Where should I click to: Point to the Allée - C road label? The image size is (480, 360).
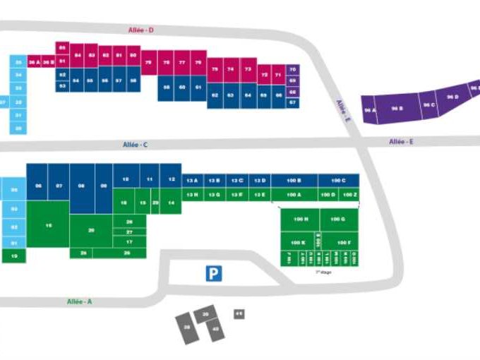(x=135, y=145)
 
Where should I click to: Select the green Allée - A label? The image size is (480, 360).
(x=79, y=301)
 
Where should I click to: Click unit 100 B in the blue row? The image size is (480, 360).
(x=294, y=181)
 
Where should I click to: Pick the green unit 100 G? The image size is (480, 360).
(x=338, y=220)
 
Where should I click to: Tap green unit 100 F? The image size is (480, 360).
(x=344, y=243)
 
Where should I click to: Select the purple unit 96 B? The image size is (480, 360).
(x=397, y=108)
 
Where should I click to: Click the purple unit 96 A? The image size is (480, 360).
(x=370, y=111)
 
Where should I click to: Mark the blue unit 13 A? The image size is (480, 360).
(x=192, y=181)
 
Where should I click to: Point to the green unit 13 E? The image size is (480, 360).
(x=260, y=193)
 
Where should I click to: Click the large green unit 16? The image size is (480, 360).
(x=48, y=224)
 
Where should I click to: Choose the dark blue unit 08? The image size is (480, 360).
(x=82, y=186)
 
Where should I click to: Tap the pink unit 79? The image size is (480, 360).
(x=148, y=63)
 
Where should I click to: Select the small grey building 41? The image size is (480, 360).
(x=239, y=313)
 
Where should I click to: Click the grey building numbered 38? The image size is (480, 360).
(x=187, y=328)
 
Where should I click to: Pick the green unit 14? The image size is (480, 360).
(x=171, y=202)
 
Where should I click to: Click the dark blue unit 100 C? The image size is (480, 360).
(x=338, y=181)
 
